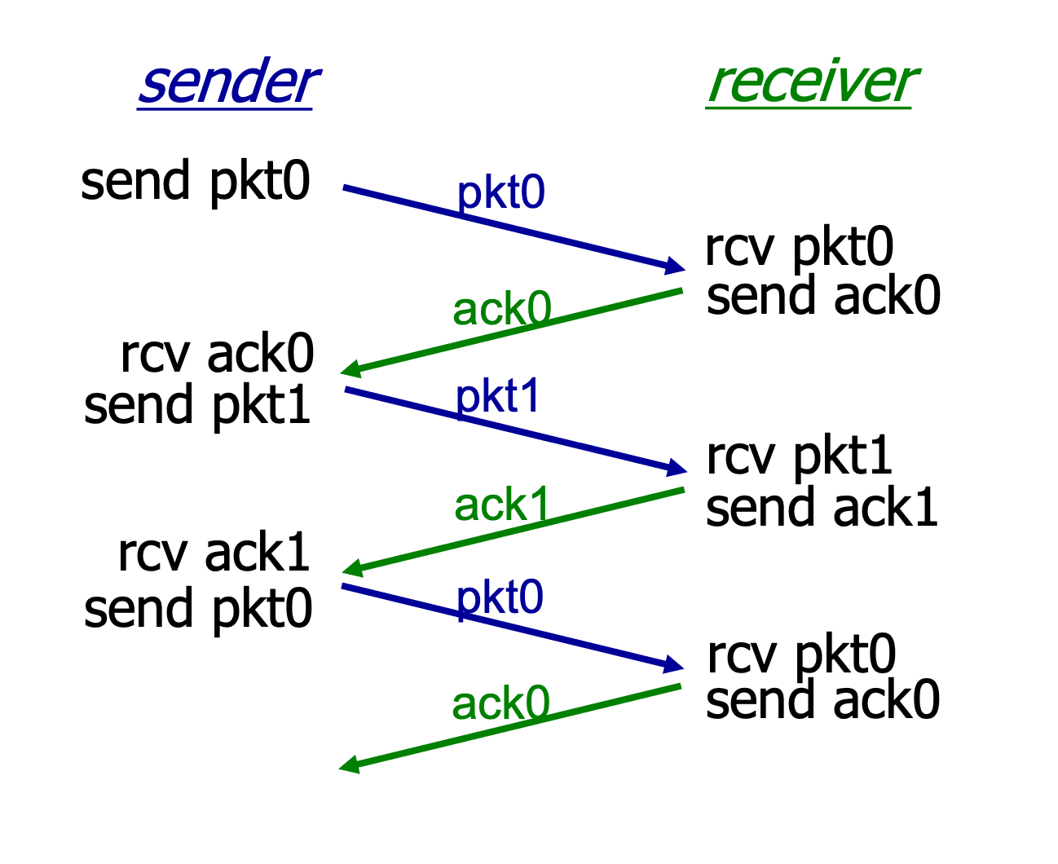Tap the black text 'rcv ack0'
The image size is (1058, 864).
[x=217, y=353]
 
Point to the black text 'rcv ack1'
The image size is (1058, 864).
[x=214, y=552]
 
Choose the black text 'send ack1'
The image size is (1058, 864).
[x=822, y=507]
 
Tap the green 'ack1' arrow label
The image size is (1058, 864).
[x=501, y=504]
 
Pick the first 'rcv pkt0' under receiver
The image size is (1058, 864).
[x=799, y=249]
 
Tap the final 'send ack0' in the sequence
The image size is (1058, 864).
[x=822, y=699]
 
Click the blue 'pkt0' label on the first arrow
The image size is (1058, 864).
[x=500, y=193]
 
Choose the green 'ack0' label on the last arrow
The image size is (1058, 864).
[x=500, y=703]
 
